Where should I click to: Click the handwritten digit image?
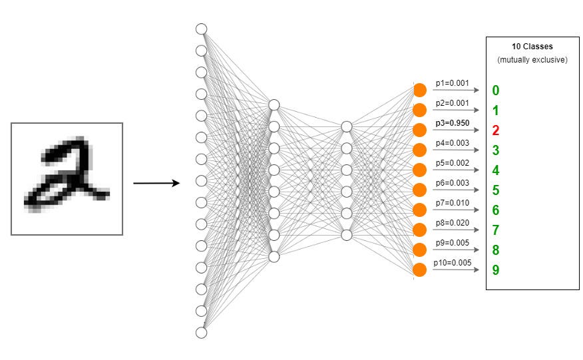point(67,178)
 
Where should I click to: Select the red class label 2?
point(496,130)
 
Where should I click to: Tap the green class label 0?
point(496,90)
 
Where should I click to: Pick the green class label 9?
point(496,270)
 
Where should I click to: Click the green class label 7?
point(496,230)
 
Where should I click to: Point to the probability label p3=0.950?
point(452,123)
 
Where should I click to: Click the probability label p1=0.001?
point(452,83)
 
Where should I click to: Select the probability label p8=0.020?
point(452,223)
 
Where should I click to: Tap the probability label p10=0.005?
point(452,263)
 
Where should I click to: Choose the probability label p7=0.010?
point(452,203)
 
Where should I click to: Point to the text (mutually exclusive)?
point(532,60)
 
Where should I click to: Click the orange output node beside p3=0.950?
point(419,130)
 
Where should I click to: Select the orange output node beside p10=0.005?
point(419,270)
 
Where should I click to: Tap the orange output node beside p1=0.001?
point(419,90)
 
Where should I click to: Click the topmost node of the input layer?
point(202,29)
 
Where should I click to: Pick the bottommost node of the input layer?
point(202,332)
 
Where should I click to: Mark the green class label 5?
point(496,190)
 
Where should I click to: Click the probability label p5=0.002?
point(452,163)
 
